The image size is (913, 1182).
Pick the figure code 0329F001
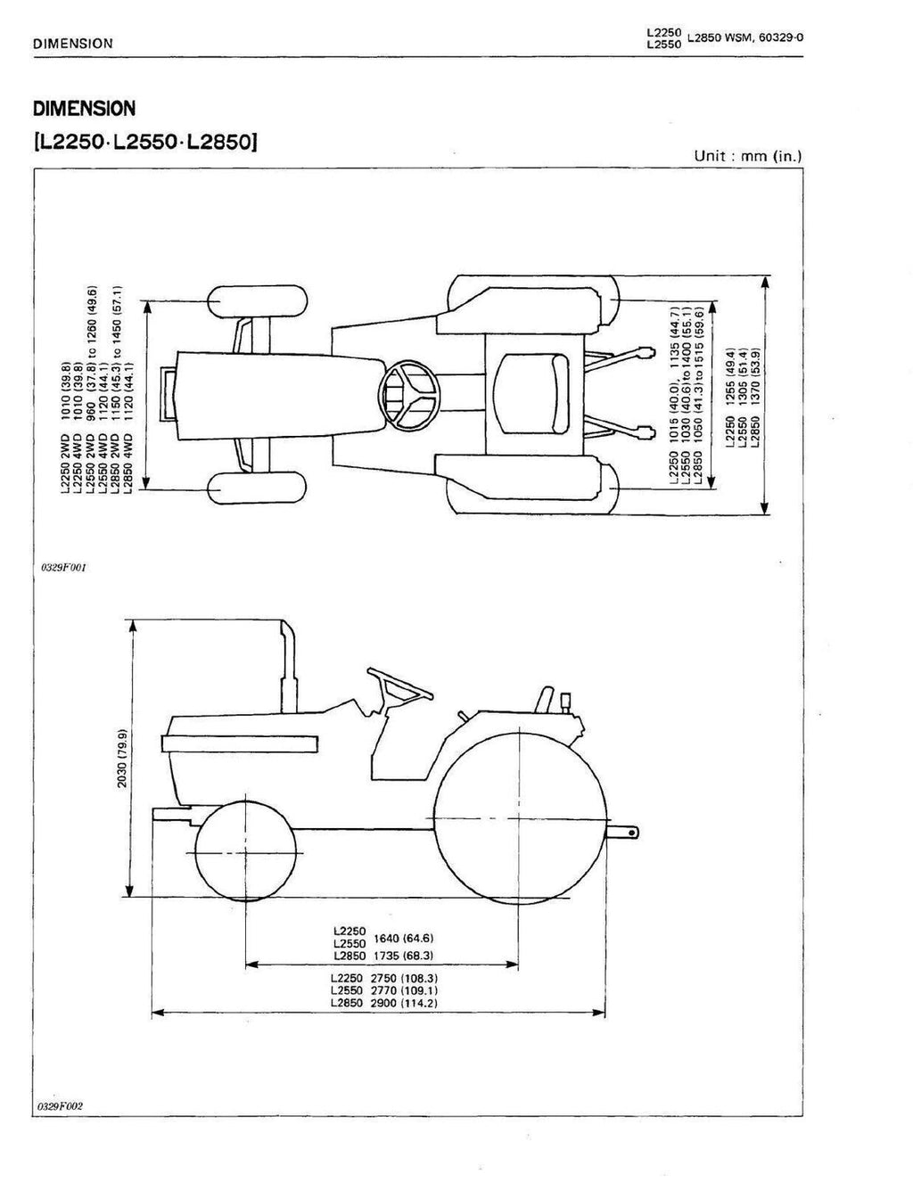62,567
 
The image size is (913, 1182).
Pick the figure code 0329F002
62,1106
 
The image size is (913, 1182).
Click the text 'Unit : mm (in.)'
748,156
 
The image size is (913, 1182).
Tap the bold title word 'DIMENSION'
84,109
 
